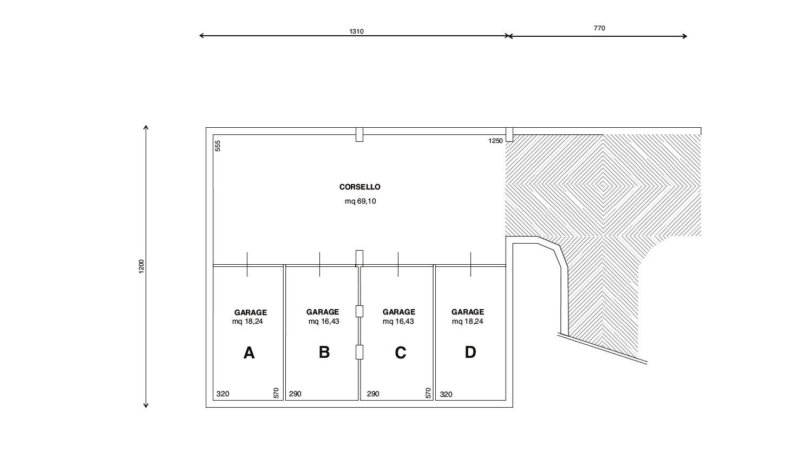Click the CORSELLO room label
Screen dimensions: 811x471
pos(359,187)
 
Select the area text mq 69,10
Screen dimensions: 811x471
pos(360,201)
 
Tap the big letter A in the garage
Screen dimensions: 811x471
pos(249,353)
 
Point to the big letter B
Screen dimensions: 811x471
pos(324,352)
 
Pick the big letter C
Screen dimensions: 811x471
pos(401,353)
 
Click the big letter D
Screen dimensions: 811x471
pos(470,352)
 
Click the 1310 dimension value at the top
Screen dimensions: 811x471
pos(356,31)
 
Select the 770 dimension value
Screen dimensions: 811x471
pos(599,28)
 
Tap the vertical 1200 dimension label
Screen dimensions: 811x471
pos(141,266)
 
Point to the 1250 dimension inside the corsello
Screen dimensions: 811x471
pos(496,141)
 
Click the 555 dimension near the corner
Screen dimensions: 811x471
pos(218,146)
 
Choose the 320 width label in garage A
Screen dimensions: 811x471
pos(223,394)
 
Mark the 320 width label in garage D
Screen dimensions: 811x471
pos(446,395)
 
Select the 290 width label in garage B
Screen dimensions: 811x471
pos(295,394)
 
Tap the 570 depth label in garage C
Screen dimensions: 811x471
pos(428,393)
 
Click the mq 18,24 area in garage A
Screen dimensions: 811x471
pos(247,322)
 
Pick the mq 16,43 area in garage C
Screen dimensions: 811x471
pos(398,322)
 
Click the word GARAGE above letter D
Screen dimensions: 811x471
pos(467,312)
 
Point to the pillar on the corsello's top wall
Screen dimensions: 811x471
pos(359,134)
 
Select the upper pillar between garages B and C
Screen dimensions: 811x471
pos(359,311)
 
